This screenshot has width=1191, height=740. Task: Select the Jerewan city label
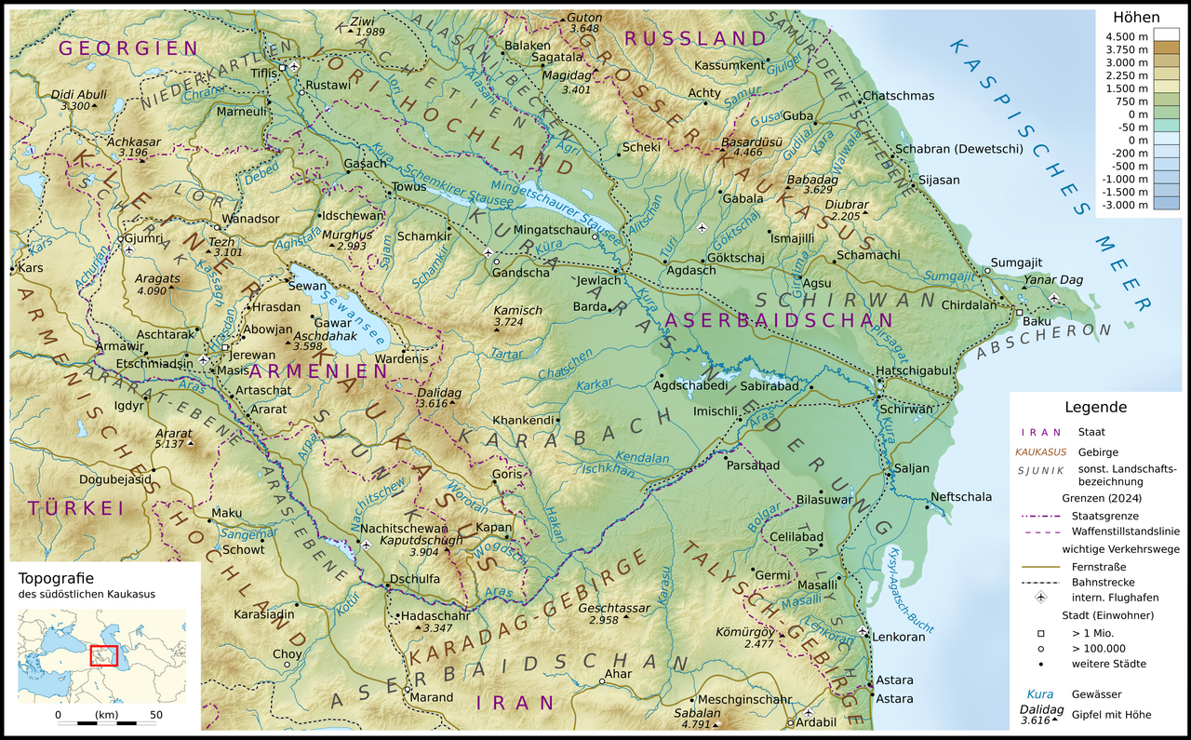pos(253,355)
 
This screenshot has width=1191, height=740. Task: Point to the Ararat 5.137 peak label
pos(174,438)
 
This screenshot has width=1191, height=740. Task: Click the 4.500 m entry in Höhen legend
pos(1122,35)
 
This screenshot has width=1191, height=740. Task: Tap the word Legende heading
pos(1095,407)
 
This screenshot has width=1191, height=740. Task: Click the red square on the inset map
pos(103,655)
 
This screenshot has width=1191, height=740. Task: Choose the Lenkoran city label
pos(900,637)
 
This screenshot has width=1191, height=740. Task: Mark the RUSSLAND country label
pos(694,38)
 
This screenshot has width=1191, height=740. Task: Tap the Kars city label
pos(31,268)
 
